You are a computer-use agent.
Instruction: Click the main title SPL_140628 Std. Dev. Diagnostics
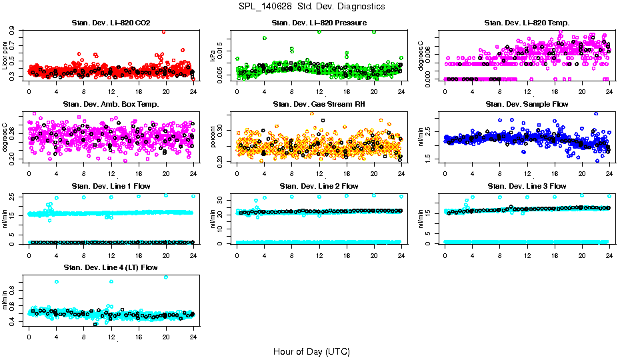(x=311, y=7)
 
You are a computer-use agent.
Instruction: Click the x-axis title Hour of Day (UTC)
(x=311, y=351)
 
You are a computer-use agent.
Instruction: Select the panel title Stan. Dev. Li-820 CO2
(x=111, y=23)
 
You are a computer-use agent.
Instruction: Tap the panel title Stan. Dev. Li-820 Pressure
(x=319, y=23)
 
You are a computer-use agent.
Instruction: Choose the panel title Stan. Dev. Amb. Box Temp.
(x=111, y=105)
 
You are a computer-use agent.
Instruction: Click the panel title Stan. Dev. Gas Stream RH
(x=319, y=105)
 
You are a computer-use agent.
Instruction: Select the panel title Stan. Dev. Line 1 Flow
(x=111, y=186)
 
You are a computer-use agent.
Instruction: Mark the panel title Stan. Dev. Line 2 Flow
(x=319, y=186)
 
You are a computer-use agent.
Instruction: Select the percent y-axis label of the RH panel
(x=213, y=138)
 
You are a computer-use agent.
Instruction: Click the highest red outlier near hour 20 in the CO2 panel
(x=164, y=31)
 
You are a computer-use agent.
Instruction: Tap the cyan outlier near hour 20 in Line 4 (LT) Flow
(x=166, y=277)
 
